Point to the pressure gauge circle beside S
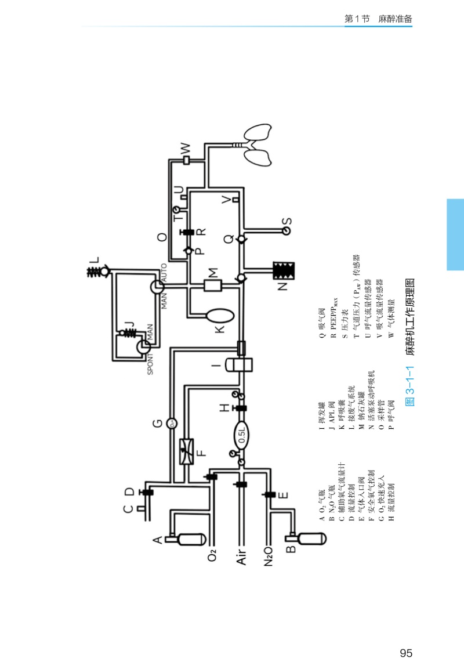tap(284, 230)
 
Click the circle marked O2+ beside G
tap(172, 424)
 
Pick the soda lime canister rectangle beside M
tap(213, 285)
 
